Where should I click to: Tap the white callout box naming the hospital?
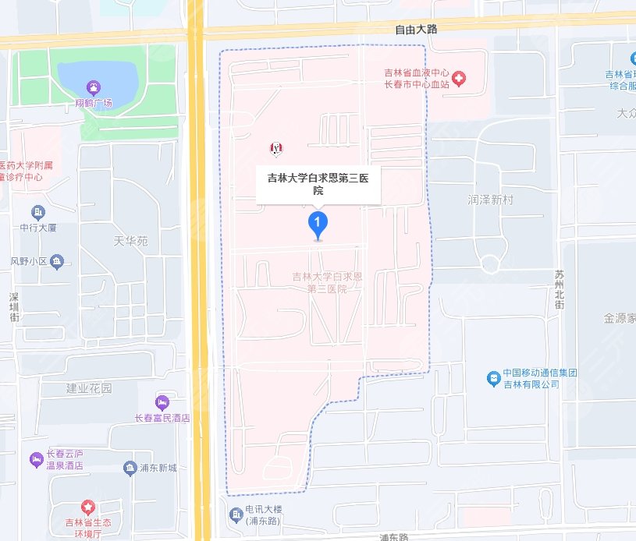318,184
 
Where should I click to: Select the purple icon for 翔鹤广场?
94,87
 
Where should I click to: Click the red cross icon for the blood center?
460,78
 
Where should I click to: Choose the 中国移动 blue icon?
492,378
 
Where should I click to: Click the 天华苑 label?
130,242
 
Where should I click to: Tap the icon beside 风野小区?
56,262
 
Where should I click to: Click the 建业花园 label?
89,387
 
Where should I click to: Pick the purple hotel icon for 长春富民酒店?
162,402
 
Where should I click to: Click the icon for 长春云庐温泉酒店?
36,459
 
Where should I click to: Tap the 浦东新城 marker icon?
130,468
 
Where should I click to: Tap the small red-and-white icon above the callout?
275,147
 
